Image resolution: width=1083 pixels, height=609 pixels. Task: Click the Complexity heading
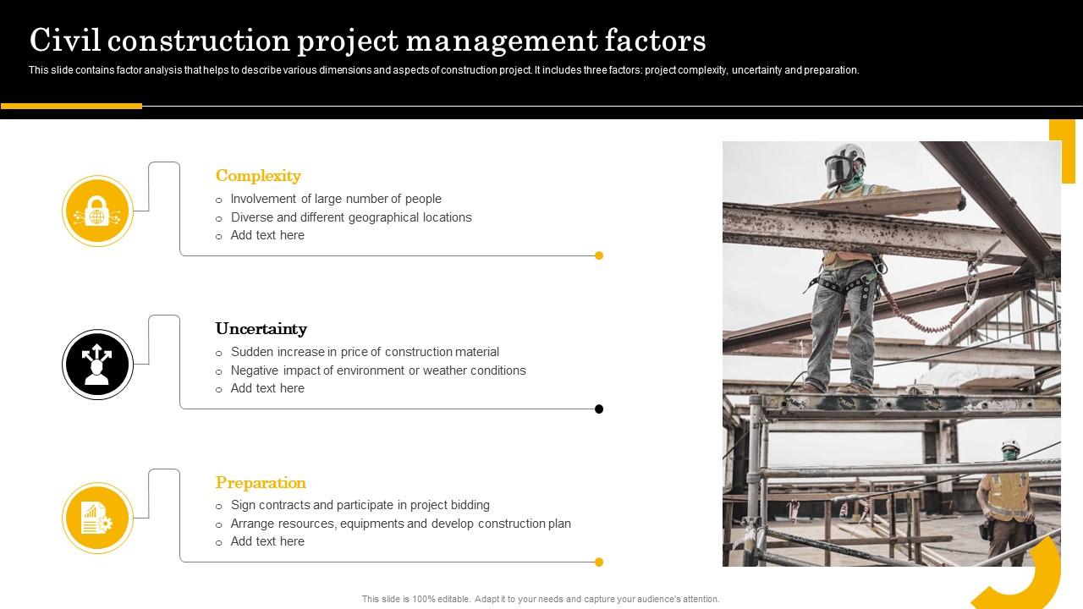tap(258, 176)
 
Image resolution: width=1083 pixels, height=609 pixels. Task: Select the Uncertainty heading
tap(261, 329)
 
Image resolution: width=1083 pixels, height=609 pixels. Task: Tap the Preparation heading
tap(261, 483)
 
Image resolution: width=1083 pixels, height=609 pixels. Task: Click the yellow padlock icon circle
tap(97, 211)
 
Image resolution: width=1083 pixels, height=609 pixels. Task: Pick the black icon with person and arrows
tap(97, 365)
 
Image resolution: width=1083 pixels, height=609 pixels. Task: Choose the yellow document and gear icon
tap(97, 518)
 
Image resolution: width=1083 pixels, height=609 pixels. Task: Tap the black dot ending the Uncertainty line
tap(599, 409)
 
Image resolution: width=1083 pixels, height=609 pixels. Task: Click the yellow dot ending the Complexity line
tap(599, 255)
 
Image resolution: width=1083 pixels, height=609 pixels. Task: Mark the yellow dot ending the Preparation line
tap(599, 562)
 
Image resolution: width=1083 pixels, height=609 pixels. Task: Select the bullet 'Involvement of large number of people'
tap(336, 199)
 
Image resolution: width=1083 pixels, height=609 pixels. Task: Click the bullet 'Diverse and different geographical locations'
tap(351, 217)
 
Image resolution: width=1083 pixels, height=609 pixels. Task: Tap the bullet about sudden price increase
tap(365, 352)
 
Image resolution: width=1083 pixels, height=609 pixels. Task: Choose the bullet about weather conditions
tap(378, 370)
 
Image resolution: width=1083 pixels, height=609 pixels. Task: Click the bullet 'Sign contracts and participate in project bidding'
tap(360, 505)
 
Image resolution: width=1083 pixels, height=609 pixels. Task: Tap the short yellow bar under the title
tap(71, 107)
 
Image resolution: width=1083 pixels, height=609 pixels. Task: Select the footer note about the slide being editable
tap(541, 599)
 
